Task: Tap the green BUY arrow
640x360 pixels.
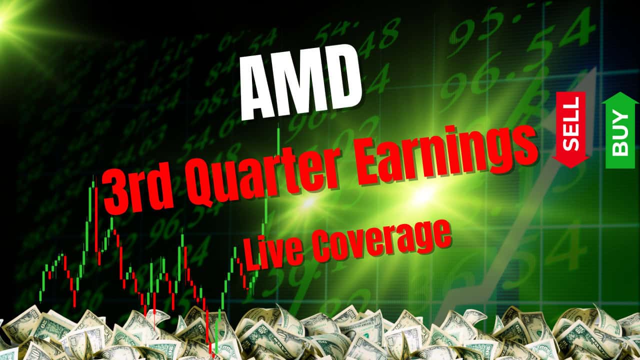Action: [x=620, y=131]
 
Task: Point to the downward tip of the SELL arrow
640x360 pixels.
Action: [x=571, y=165]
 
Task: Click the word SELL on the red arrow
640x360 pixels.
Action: [x=571, y=123]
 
